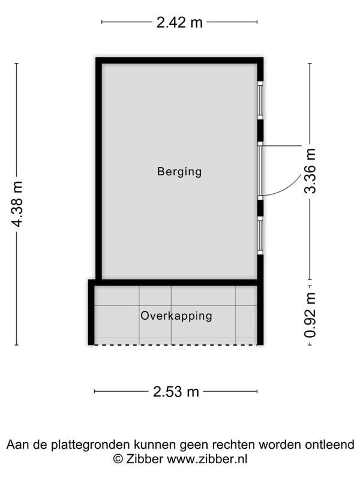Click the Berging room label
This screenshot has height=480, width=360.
click(x=179, y=172)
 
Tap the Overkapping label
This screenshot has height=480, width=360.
click(x=176, y=316)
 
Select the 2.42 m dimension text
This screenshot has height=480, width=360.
click(x=179, y=22)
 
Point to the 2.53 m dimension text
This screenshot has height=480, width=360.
click(x=176, y=392)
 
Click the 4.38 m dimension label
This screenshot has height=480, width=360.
click(x=17, y=204)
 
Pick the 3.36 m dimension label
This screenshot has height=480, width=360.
click(x=310, y=171)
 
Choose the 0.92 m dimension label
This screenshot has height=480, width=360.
click(x=310, y=314)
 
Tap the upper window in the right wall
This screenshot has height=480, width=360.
click(x=260, y=100)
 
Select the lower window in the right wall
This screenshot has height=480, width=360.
click(x=260, y=235)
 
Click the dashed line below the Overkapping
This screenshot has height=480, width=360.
click(x=176, y=345)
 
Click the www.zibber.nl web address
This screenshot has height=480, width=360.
click(x=207, y=459)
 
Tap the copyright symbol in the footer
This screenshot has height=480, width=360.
click(x=118, y=459)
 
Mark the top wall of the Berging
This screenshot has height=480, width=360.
click(x=179, y=61)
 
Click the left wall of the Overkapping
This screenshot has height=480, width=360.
click(x=91, y=312)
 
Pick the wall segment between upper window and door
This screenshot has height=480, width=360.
click(x=260, y=130)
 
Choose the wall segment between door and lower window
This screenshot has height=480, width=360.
click(x=260, y=208)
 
